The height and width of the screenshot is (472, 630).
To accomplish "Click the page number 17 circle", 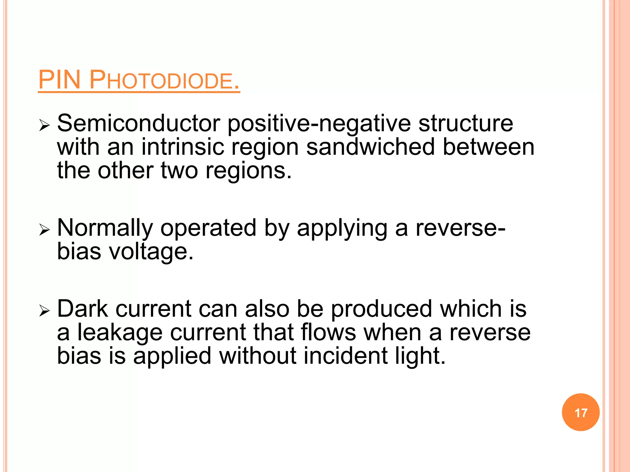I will (580, 412).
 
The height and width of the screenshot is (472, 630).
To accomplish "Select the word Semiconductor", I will (138, 124).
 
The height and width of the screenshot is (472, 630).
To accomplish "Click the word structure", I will (466, 124).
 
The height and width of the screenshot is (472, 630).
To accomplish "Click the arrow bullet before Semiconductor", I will (44, 125).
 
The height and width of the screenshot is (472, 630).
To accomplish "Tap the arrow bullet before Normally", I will (44, 230).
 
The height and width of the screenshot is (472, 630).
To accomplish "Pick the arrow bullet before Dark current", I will (44, 311).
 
